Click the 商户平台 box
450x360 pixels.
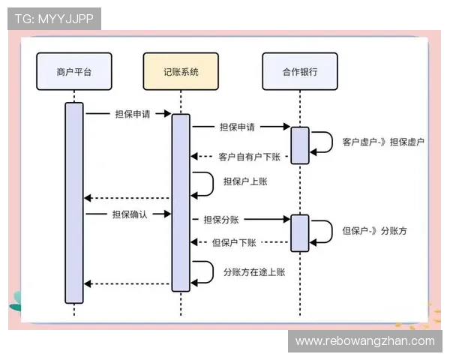pyautogui.click(x=73, y=72)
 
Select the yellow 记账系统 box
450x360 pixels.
pyautogui.click(x=181, y=72)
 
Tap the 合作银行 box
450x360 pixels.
pyautogui.click(x=300, y=72)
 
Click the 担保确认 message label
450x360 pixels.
pyautogui.click(x=130, y=214)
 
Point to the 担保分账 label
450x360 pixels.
pyautogui.click(x=221, y=219)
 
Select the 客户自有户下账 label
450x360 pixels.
pyautogui.click(x=249, y=157)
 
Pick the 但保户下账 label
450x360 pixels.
pyautogui.click(x=235, y=242)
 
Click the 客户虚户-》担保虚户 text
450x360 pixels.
pyautogui.click(x=383, y=142)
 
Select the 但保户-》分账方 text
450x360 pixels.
pyautogui.click(x=375, y=231)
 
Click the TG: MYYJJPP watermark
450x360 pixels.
pyautogui.click(x=54, y=19)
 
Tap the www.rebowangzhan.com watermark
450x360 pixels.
pyautogui.click(x=365, y=341)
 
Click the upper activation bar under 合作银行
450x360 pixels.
pyautogui.click(x=300, y=145)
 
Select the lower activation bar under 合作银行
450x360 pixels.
pyautogui.click(x=300, y=233)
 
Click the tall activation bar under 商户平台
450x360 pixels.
pyautogui.click(x=73, y=202)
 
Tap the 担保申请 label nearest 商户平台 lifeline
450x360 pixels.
pyautogui.click(x=132, y=114)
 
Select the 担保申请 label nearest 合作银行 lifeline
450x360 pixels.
pyautogui.click(x=237, y=127)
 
